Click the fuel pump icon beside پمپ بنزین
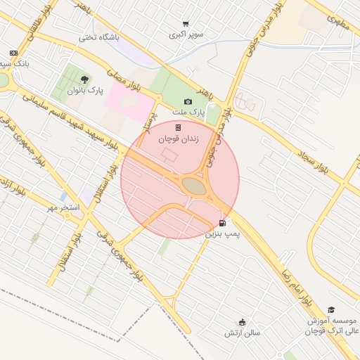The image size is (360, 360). pos(223,224)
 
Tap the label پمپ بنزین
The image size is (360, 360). pos(222,233)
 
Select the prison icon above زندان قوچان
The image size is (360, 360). pos(178,127)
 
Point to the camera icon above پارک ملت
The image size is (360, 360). pos(188,102)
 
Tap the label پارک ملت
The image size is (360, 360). pos(188,112)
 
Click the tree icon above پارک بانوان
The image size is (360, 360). pos(85,79)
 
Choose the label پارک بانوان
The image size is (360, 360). pos(85,91)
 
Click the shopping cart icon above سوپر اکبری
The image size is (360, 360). pos(186,24)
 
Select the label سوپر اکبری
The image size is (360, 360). pos(186,34)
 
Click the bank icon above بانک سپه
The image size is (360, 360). pos(13,53)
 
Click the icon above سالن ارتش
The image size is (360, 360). pos(243,321)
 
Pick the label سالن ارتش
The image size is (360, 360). pos(243,332)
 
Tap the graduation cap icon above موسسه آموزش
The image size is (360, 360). pos(331,309)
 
